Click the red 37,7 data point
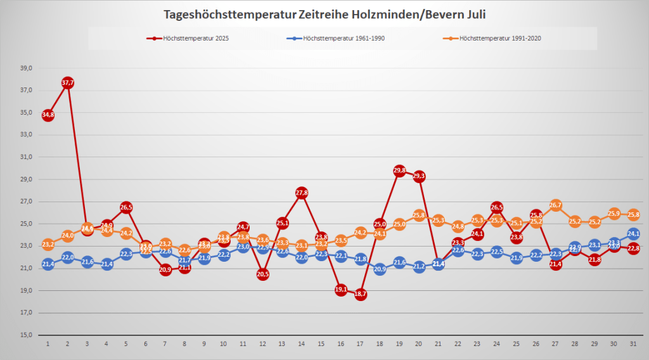pos(67,82)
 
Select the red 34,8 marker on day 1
pos(48,115)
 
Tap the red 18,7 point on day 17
pos(361,294)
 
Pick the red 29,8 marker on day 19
pos(399,170)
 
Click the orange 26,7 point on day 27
pos(556,205)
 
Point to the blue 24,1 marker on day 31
pos(634,234)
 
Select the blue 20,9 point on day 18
pos(380,269)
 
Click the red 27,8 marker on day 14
pos(302,193)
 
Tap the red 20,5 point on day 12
pos(262,274)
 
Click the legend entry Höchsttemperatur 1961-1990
pos(338,39)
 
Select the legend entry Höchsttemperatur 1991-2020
pos(494,39)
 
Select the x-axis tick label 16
pos(341,344)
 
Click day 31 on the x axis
pos(634,344)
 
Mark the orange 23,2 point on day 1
pos(48,244)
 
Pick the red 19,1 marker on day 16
pos(341,290)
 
